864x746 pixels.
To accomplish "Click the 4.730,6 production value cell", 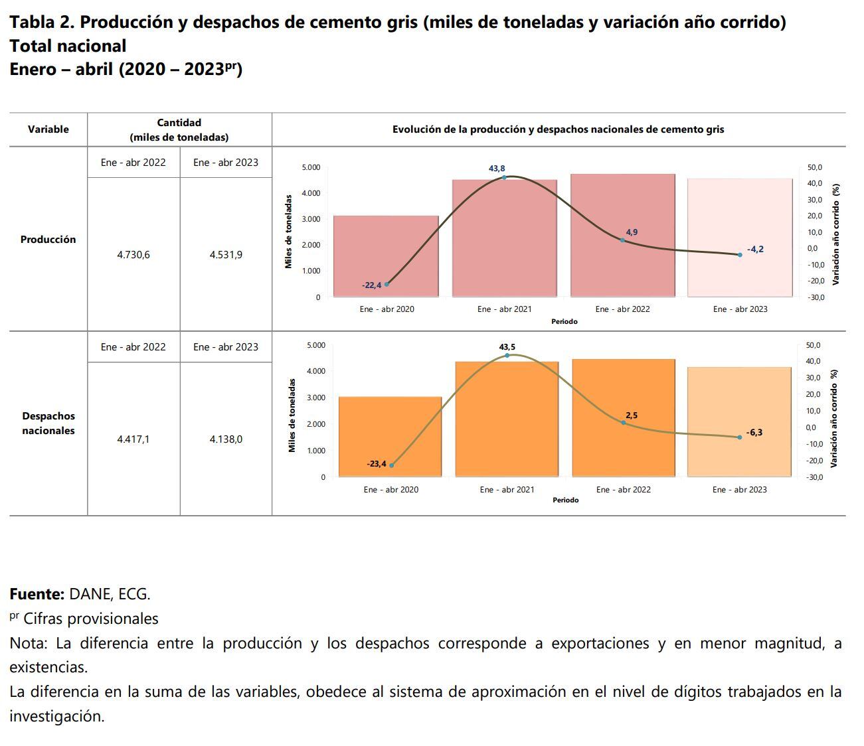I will (x=133, y=255).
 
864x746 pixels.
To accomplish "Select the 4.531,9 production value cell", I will (x=226, y=255).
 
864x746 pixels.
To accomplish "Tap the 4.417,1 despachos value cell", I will (x=133, y=439).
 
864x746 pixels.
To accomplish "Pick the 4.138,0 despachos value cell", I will (x=226, y=439).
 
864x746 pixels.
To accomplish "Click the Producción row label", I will (x=48, y=240).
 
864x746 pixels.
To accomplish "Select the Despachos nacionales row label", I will (x=48, y=423).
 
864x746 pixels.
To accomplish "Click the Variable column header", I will (x=48, y=129).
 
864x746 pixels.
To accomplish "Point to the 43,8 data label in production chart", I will (x=497, y=169).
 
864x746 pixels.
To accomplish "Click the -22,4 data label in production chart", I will (x=371, y=285).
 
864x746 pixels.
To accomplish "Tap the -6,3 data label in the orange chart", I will (x=754, y=433).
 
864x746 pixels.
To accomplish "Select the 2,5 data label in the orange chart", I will (x=631, y=415).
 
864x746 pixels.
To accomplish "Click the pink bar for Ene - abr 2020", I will (x=386, y=256).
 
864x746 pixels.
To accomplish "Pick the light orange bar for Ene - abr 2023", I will (x=739, y=421).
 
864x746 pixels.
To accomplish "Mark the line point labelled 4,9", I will (x=622, y=240).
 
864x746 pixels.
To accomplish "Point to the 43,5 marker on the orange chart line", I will (x=507, y=356).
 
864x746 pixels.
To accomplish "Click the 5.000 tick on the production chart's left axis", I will (x=311, y=167).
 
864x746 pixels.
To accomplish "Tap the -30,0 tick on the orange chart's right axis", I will (x=814, y=477).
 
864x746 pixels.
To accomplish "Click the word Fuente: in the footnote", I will (x=37, y=594).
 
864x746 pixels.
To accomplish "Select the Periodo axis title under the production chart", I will (x=564, y=322).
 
